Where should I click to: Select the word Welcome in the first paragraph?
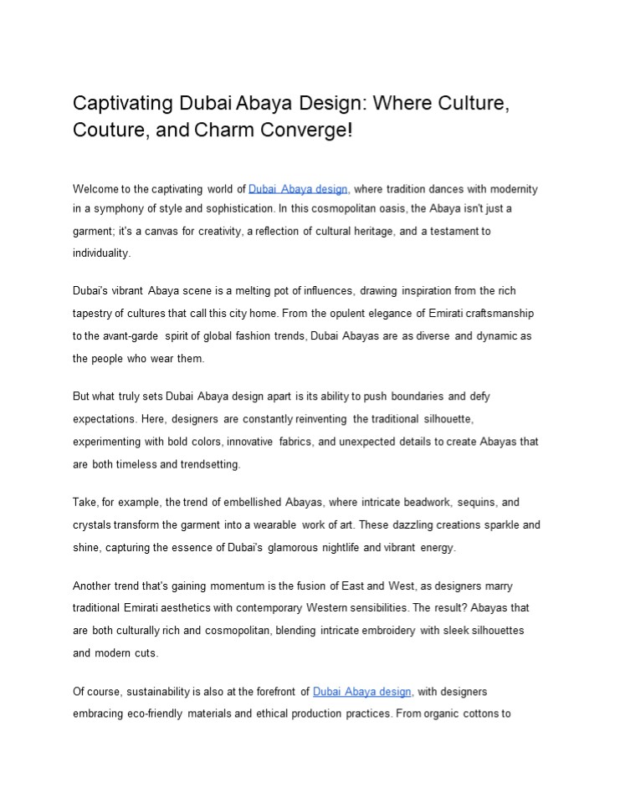tap(97, 189)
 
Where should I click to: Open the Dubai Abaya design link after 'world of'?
tap(298, 189)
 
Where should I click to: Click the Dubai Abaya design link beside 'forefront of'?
tap(362, 692)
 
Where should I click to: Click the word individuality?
tap(102, 252)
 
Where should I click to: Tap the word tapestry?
tap(94, 314)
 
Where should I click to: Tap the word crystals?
tap(91, 524)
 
